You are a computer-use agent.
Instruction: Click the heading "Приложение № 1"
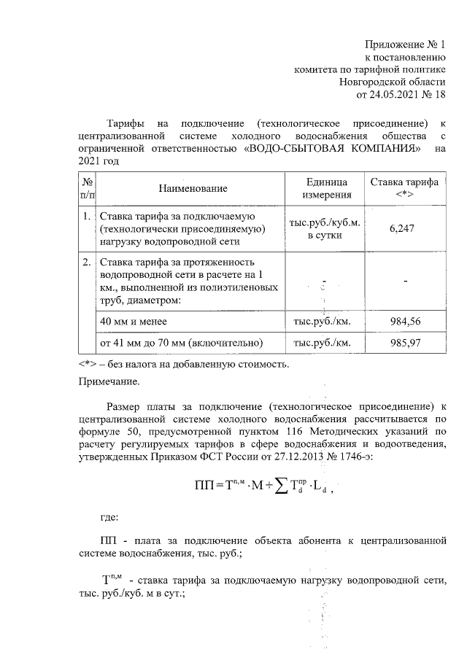click(406, 44)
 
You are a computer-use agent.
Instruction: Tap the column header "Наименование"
click(193, 188)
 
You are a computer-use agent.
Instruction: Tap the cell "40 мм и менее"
click(133, 321)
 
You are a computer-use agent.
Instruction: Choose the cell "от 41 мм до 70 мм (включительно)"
click(180, 342)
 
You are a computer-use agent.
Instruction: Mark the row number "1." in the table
click(86, 217)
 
